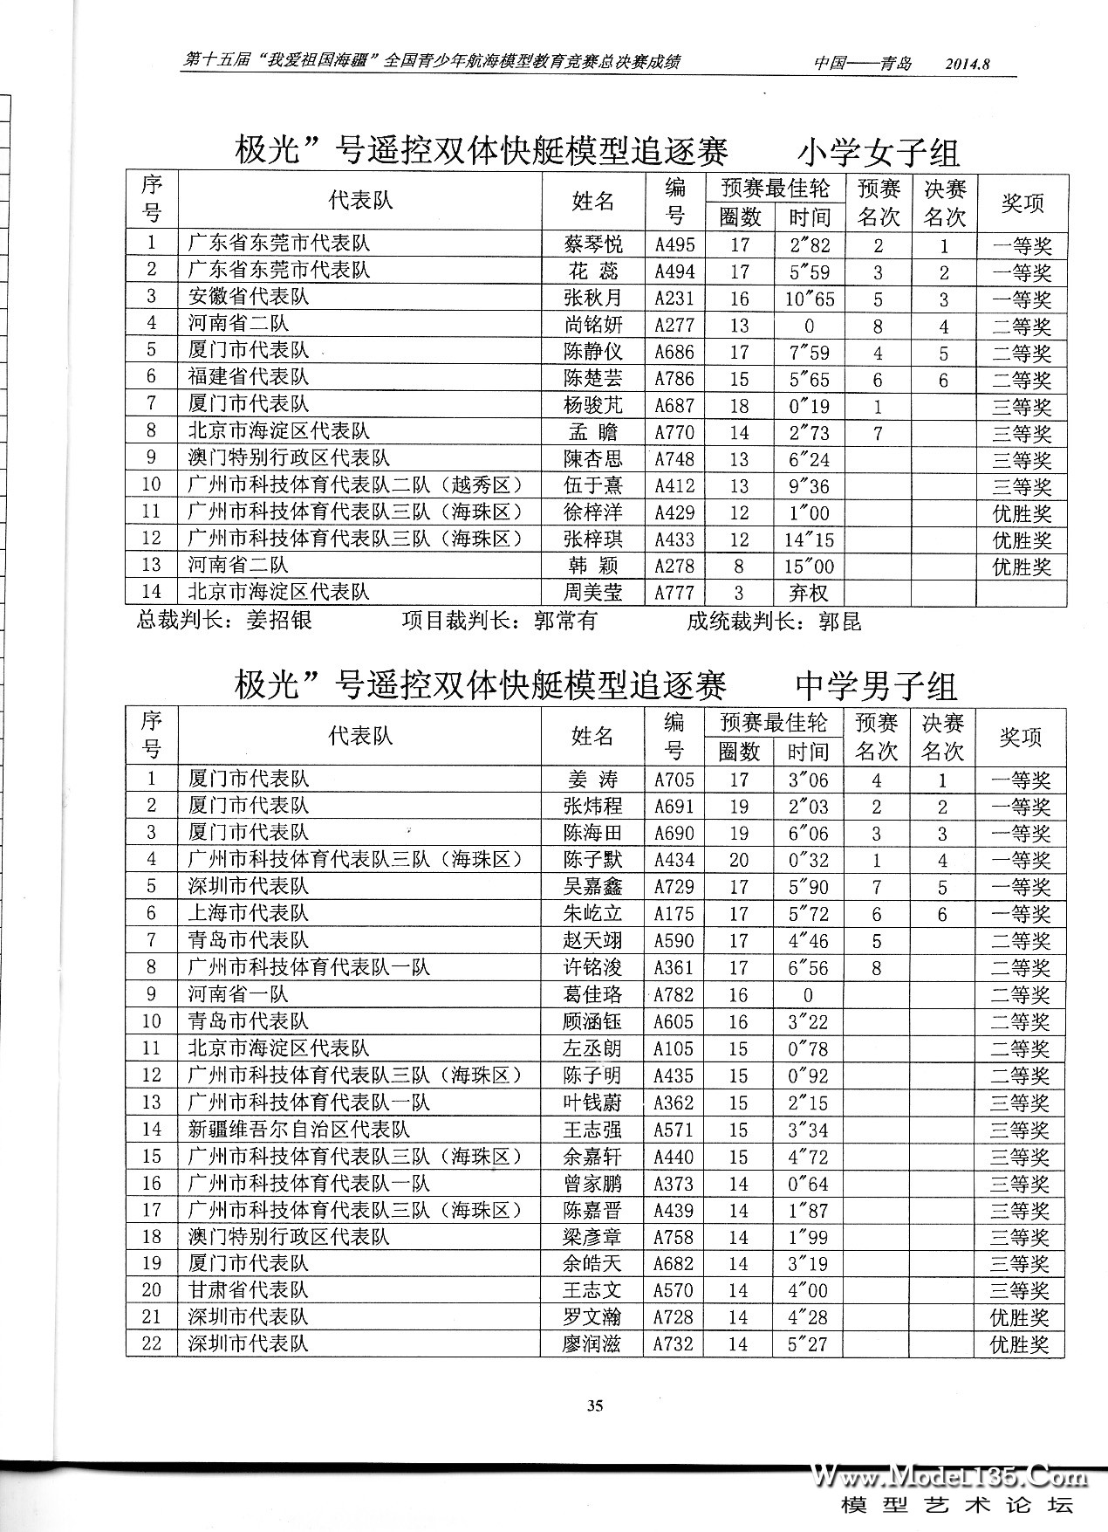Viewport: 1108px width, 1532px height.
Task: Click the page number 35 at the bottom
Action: tap(595, 1405)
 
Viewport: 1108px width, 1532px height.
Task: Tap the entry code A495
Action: tap(674, 245)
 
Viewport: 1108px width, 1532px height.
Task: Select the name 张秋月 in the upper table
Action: tap(593, 299)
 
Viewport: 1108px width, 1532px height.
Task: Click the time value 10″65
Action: tap(809, 299)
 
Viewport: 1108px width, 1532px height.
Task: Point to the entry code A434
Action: tap(674, 860)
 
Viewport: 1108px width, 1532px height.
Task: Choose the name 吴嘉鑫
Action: tap(592, 887)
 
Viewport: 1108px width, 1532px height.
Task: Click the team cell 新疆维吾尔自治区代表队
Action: tap(298, 1130)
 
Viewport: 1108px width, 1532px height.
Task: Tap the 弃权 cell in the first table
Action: tap(808, 594)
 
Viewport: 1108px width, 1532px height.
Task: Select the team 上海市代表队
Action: tap(249, 914)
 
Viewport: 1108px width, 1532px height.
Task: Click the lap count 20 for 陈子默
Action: tap(738, 860)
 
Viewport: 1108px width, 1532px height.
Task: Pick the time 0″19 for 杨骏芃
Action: tap(809, 406)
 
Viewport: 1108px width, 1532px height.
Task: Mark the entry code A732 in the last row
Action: tap(674, 1344)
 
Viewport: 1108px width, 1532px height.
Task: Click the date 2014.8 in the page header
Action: tap(970, 64)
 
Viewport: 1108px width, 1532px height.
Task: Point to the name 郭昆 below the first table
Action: tap(839, 622)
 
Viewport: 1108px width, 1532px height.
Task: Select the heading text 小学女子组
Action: tap(878, 153)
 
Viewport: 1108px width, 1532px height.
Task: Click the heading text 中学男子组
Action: tap(876, 686)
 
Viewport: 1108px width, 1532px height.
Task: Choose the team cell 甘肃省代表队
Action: tap(249, 1290)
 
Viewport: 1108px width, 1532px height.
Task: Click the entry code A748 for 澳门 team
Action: tap(674, 460)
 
